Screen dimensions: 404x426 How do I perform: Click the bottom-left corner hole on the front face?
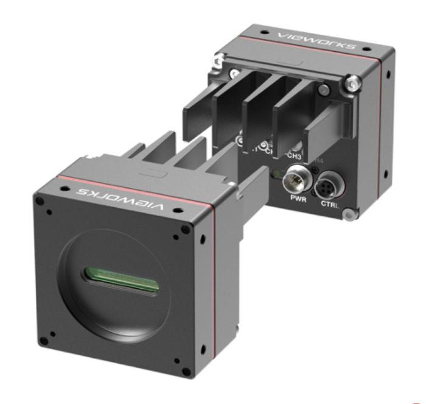(x=53, y=333)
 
